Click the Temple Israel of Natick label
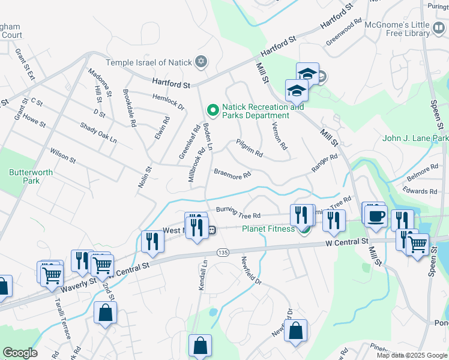(x=149, y=62)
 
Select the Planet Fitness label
(x=268, y=229)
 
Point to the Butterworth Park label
(x=24, y=176)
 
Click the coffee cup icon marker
(x=376, y=217)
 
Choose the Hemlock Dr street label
(x=168, y=102)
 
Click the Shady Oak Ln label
(x=98, y=132)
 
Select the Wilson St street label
(x=63, y=156)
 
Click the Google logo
(x=20, y=352)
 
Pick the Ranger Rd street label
(x=325, y=164)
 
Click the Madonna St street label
(x=100, y=82)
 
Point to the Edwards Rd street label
(x=420, y=191)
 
